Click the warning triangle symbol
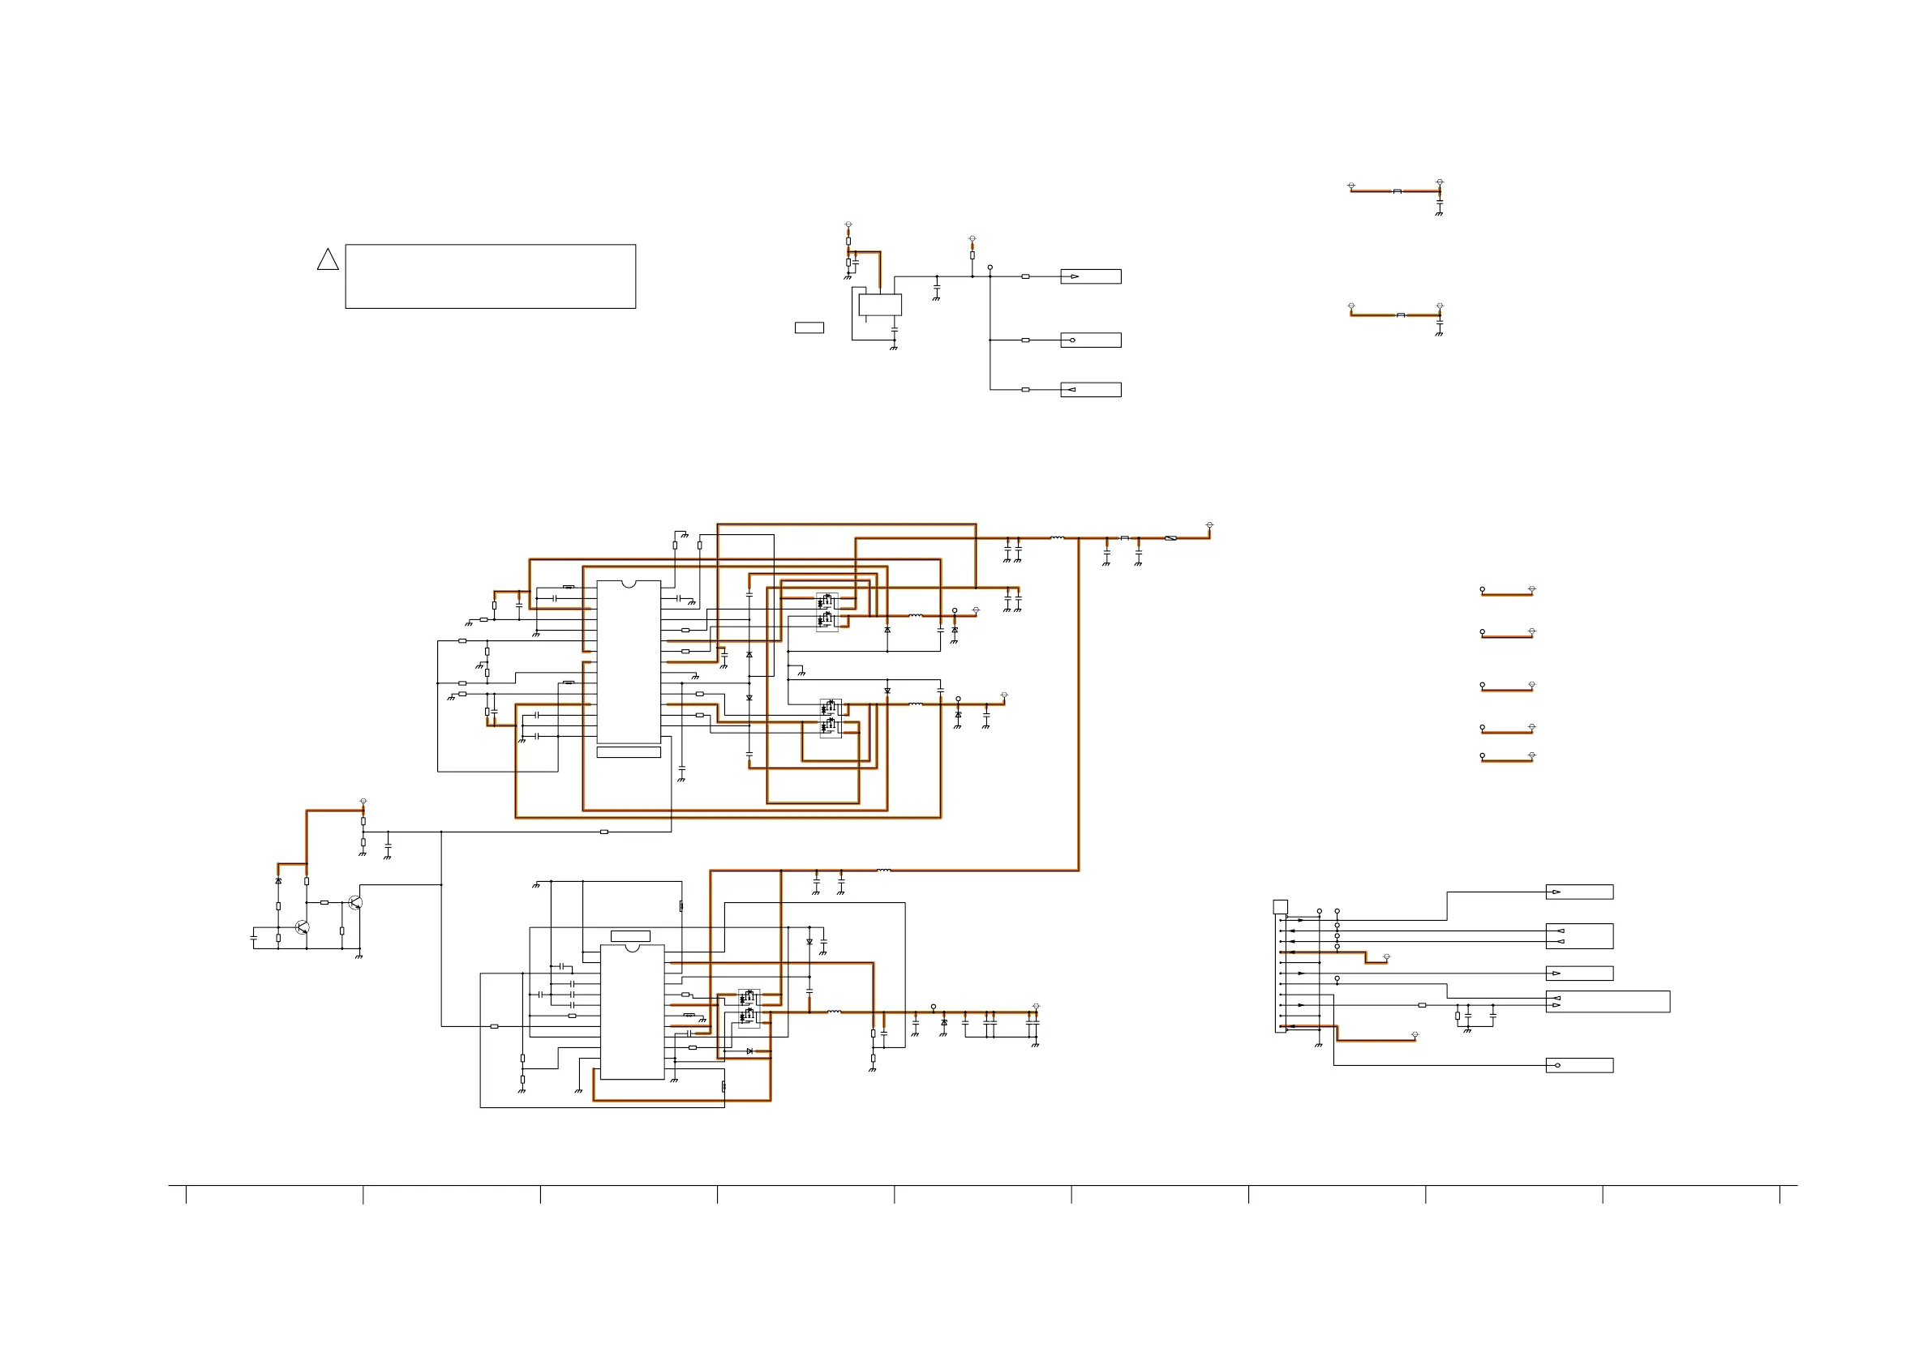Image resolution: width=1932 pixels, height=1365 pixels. tap(328, 260)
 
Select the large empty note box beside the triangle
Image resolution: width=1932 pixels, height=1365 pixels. tap(490, 276)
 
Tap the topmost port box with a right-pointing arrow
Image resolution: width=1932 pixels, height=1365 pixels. tap(1090, 276)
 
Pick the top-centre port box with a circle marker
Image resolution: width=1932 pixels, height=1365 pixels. tap(1090, 340)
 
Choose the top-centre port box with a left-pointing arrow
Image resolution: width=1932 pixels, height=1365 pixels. tap(1090, 389)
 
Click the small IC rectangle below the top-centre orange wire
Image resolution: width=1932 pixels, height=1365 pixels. tap(879, 305)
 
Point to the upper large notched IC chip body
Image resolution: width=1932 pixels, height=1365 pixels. tap(629, 663)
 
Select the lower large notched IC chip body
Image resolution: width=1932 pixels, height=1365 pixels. tap(632, 1012)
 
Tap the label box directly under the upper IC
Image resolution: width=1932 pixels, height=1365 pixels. tap(629, 753)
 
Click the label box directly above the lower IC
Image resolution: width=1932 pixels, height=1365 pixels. tap(630, 936)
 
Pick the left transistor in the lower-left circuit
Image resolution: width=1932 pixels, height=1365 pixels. tap(302, 926)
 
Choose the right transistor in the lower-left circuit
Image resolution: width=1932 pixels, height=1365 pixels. tap(355, 902)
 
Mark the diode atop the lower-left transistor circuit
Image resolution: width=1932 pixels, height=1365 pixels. tap(278, 880)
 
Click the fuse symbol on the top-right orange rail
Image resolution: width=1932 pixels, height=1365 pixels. tap(1170, 538)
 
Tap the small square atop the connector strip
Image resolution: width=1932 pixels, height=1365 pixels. tap(1280, 907)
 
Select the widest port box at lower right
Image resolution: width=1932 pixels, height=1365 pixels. tap(1608, 1002)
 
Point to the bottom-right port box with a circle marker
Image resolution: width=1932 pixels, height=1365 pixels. tap(1578, 1066)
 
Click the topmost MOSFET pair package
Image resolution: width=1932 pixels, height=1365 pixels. tap(827, 611)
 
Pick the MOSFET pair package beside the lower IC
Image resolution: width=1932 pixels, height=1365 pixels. tap(748, 1008)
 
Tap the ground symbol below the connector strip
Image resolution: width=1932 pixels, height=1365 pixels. tap(1319, 1045)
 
